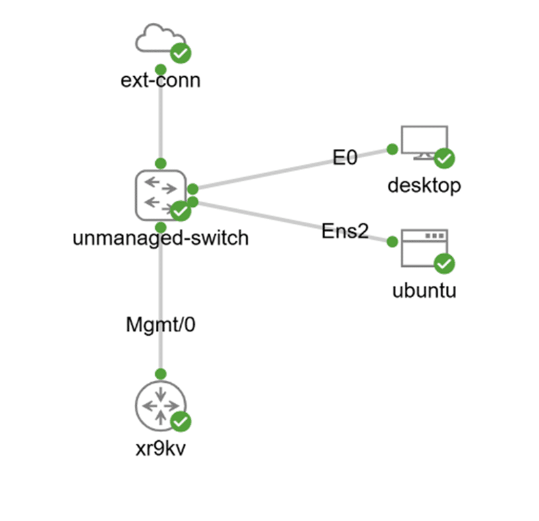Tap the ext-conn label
161,80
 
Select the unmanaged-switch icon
161,195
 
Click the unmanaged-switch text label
161,238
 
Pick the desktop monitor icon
424,142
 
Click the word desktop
424,186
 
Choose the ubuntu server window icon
424,247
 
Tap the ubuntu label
424,290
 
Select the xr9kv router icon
161,406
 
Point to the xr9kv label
161,448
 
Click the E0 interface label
345,157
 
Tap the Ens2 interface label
345,231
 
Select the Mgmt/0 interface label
161,325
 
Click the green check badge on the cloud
181,53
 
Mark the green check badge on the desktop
445,158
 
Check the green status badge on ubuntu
445,264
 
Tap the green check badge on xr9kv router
181,422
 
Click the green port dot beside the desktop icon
392,150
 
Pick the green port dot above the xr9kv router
161,374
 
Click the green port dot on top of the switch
161,164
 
